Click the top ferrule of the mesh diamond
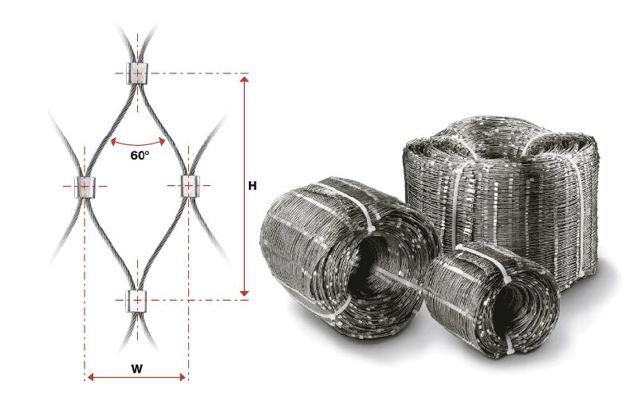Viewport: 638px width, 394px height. click(x=137, y=73)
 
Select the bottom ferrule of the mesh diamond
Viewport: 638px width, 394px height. click(x=137, y=301)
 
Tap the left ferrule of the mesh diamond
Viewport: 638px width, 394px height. click(x=85, y=187)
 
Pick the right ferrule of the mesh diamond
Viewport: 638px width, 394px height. click(x=188, y=186)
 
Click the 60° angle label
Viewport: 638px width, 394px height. click(x=140, y=155)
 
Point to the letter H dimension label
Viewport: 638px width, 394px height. click(x=252, y=186)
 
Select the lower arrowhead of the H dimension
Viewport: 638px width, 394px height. click(x=244, y=293)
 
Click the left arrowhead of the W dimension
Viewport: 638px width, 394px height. click(x=91, y=377)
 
